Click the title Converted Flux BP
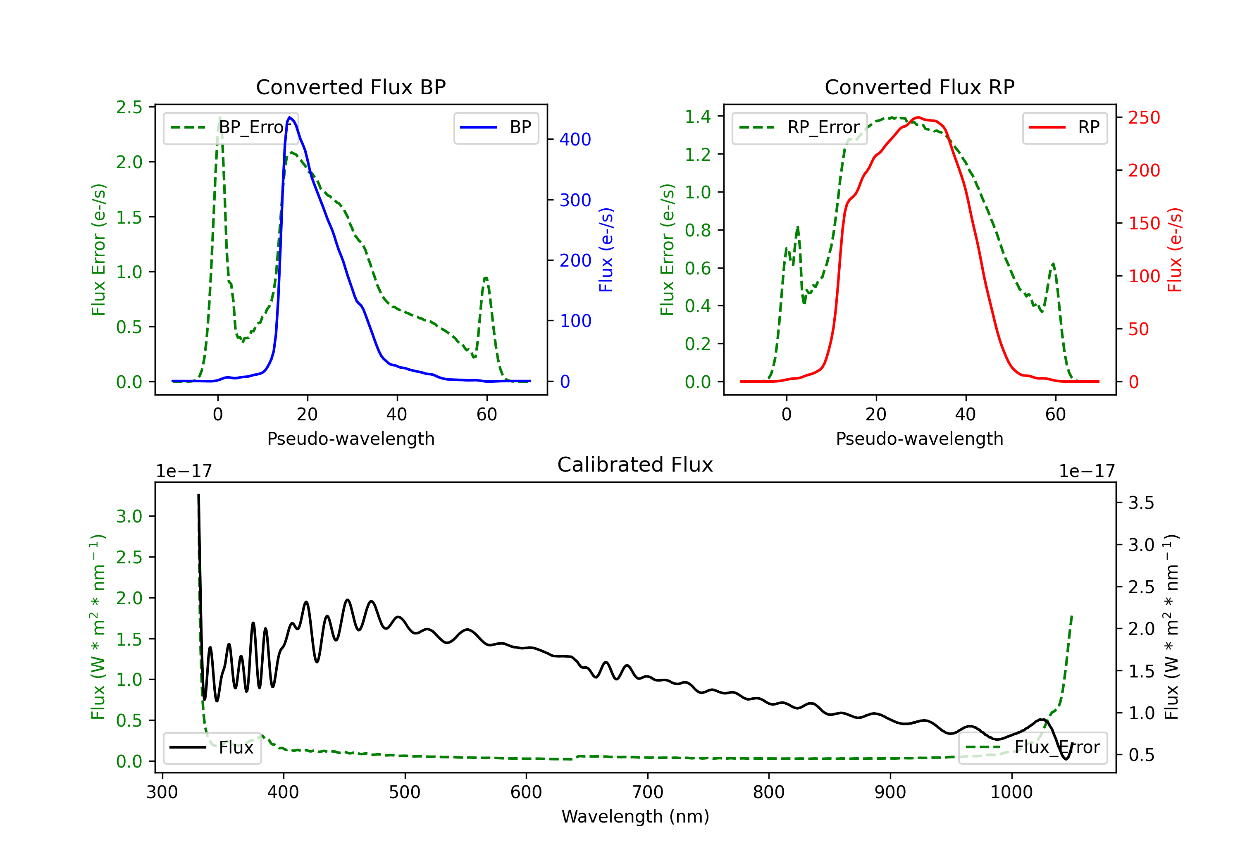pyautogui.click(x=351, y=87)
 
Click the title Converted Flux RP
pyautogui.click(x=919, y=87)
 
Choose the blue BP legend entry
pyautogui.click(x=496, y=127)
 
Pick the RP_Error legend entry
pyautogui.click(x=799, y=127)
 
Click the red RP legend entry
pyautogui.click(x=1064, y=127)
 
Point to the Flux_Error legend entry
pyautogui.click(x=1033, y=748)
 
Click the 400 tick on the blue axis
pyautogui.click(x=575, y=140)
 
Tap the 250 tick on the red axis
pyautogui.click(x=1144, y=118)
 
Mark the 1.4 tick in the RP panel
pyautogui.click(x=697, y=116)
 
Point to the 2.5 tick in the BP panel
pyautogui.click(x=129, y=107)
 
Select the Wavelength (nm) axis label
pyautogui.click(x=635, y=816)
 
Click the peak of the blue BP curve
pyautogui.click(x=290, y=117)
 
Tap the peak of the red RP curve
pyautogui.click(x=918, y=117)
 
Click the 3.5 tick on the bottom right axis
pyautogui.click(x=1141, y=503)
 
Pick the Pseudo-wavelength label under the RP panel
pyautogui.click(x=919, y=439)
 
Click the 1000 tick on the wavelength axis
pyautogui.click(x=1011, y=792)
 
